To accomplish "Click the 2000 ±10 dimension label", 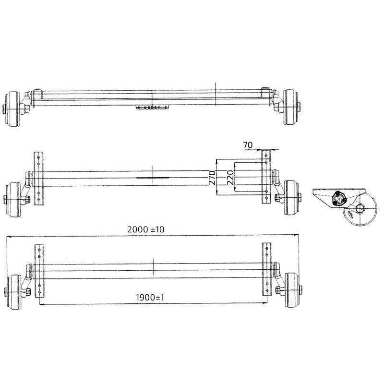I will [146, 230].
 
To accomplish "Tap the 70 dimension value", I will [248, 144].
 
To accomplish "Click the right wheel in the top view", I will [289, 107].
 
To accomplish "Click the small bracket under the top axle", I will [152, 107].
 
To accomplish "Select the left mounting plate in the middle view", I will [39, 177].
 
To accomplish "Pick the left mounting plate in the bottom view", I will [39, 270].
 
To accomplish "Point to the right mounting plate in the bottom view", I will [266, 269].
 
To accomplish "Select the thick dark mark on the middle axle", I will [152, 177].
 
